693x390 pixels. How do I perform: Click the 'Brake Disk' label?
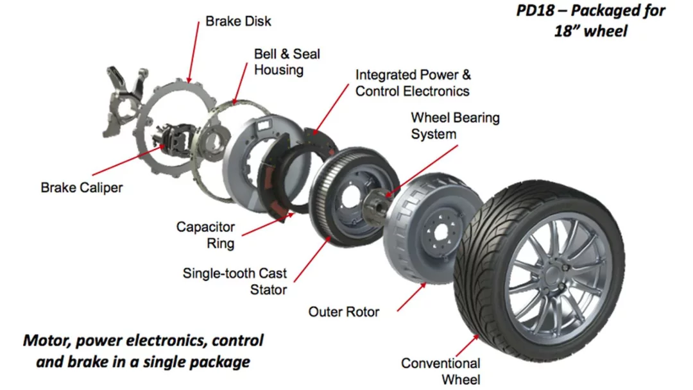238,21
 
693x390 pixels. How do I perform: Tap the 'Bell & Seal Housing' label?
287,62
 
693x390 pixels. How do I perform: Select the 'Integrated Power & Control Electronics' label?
413,83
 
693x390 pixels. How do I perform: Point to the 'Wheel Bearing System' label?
455,126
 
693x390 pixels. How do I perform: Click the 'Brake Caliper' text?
81,188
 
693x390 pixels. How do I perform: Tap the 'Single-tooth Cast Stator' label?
235,282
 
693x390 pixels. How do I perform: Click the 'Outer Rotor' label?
344,312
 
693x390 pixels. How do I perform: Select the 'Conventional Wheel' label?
441,371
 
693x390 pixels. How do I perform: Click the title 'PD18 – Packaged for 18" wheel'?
591,20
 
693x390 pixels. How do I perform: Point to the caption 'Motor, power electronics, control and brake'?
143,350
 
